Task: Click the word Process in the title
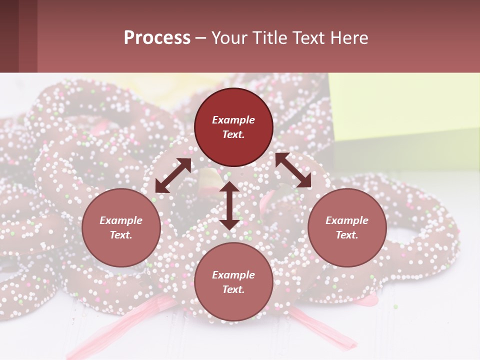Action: click(x=157, y=38)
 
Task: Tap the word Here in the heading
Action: click(x=348, y=38)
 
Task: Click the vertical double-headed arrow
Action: click(x=229, y=205)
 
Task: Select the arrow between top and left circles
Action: click(x=173, y=175)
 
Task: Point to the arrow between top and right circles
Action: click(x=293, y=170)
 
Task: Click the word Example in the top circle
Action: click(x=233, y=120)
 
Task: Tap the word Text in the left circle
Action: click(x=121, y=235)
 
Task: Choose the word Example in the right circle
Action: click(x=347, y=220)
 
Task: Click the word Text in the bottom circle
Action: click(x=233, y=289)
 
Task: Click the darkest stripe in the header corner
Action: click(x=9, y=36)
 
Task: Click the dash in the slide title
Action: click(x=201, y=38)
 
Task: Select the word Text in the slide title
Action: click(x=305, y=38)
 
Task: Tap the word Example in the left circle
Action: click(x=121, y=220)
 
